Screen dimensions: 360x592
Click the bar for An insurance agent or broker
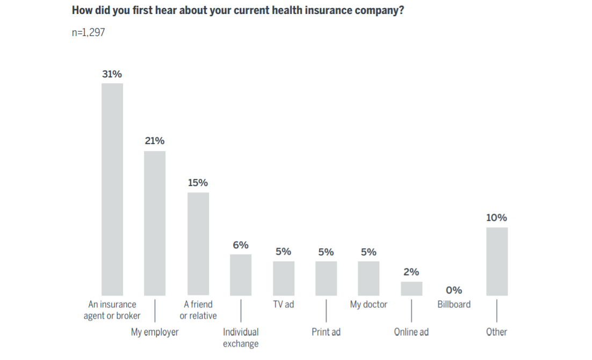coord(112,189)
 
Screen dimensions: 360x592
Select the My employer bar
coord(155,223)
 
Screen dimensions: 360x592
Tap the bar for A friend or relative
coord(198,243)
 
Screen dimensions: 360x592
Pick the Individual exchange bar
coord(241,275)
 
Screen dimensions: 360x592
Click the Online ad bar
coord(411,289)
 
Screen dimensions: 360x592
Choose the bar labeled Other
coord(497,261)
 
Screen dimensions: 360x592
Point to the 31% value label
coord(112,74)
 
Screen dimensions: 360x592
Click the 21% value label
coord(155,141)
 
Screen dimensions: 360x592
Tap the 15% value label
coord(198,183)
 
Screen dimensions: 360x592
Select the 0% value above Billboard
coord(454,290)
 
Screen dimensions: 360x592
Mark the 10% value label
coord(497,218)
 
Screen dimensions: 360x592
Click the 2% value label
coord(411,272)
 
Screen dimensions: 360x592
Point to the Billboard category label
coord(454,305)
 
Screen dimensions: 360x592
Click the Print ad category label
coord(326,332)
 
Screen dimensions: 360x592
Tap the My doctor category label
coord(369,305)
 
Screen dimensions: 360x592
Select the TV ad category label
coord(283,305)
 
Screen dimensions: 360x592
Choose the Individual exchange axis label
coord(241,337)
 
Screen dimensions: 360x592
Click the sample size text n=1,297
coord(89,32)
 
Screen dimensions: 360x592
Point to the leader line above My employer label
coord(155,311)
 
